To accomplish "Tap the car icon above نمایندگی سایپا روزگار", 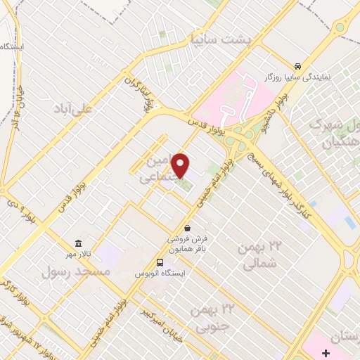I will tap(299, 63).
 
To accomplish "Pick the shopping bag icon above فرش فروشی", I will tap(187, 227).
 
